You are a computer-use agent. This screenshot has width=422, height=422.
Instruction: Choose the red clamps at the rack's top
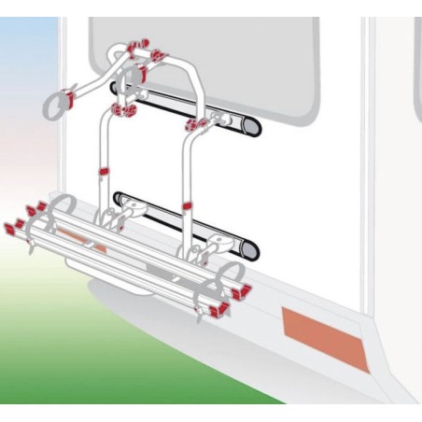click(140, 45)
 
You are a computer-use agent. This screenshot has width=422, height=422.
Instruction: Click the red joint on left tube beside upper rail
click(120, 111)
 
